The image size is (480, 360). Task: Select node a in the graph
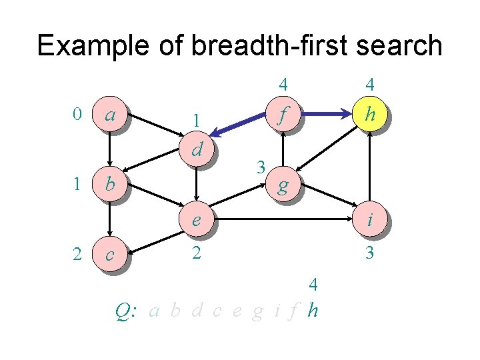(x=110, y=115)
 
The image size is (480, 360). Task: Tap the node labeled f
(x=283, y=115)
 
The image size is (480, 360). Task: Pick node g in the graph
(x=283, y=186)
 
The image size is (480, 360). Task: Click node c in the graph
(x=110, y=254)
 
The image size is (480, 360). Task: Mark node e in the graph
(x=197, y=219)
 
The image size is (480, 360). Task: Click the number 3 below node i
(x=368, y=254)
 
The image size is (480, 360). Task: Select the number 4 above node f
(x=283, y=85)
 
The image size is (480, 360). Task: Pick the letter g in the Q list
(x=257, y=311)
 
